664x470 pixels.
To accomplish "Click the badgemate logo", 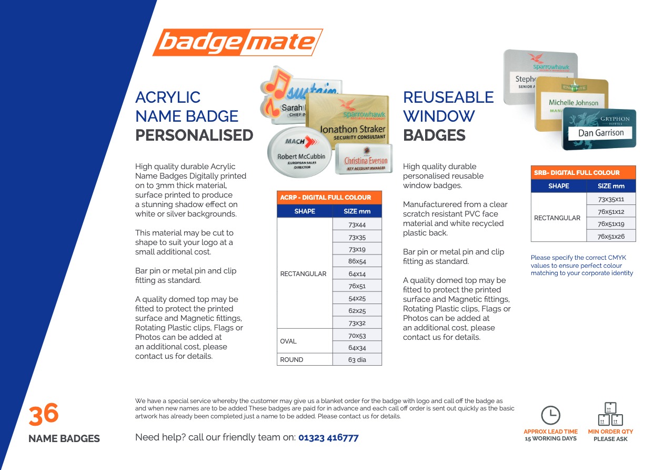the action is pos(237,42).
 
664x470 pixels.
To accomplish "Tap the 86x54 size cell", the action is pos(357,261).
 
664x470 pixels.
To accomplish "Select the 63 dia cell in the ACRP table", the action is pos(357,359).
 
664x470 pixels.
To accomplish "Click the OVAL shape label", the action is pos(288,341).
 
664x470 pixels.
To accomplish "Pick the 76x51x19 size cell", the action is pos(611,224).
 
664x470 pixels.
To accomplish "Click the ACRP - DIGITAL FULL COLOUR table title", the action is pos(326,198).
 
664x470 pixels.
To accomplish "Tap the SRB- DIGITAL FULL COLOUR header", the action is pos(577,172).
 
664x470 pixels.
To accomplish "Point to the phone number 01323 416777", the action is pos(328,437).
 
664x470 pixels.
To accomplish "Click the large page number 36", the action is pos(44,414).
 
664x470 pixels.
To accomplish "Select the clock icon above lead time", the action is pos(550,415).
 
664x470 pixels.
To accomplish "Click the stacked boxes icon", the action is pos(610,414).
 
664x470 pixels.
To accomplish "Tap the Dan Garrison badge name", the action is pos(601,133).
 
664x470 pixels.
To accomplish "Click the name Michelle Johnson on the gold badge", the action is pos(574,102).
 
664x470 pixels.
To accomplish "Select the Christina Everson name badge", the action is pos(364,159).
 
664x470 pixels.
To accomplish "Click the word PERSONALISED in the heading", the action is pos(194,135).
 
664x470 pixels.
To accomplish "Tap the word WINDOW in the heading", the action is pos(439,116).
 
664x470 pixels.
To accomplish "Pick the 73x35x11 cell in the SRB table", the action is pos(611,199).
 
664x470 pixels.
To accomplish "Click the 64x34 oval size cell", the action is pos(357,347).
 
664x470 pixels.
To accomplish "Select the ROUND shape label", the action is pos(291,359).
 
